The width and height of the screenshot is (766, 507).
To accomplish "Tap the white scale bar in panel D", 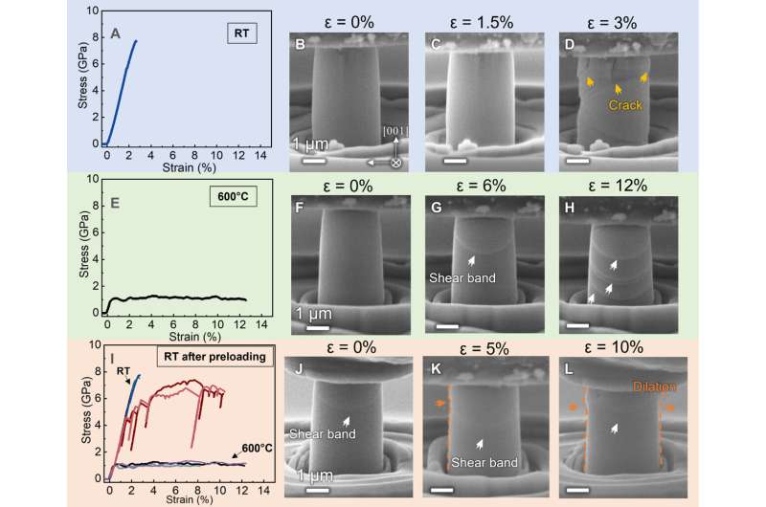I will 574,150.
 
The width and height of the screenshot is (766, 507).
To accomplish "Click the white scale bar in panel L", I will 576,490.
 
